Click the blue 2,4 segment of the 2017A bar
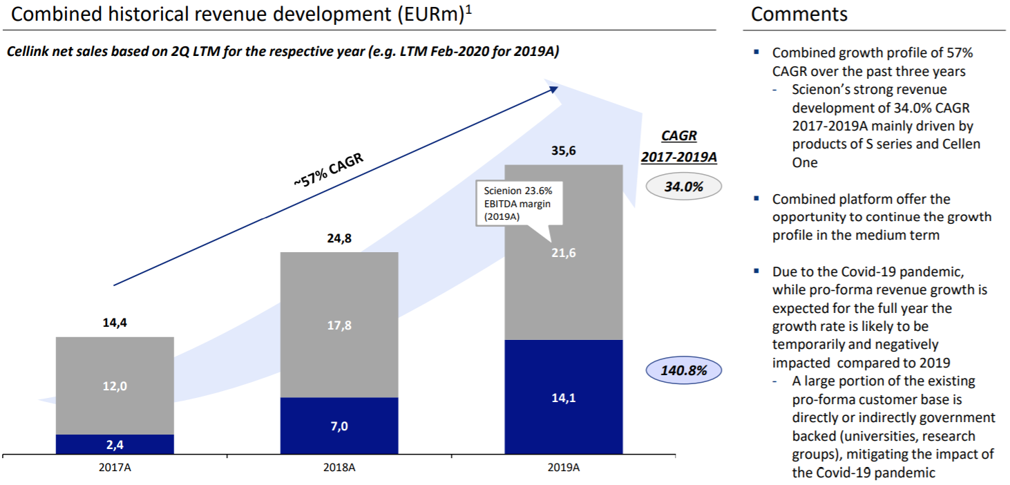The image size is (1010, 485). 115,444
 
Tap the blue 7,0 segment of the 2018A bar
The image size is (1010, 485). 339,426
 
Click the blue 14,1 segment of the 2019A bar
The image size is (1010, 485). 564,397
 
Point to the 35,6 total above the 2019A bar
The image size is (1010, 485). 564,151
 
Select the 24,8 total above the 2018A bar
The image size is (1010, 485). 339,240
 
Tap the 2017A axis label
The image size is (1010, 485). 115,468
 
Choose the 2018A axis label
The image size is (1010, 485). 339,468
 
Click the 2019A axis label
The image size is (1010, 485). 564,468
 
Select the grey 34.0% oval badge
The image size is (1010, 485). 684,186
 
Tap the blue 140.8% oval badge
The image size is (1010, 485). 683,370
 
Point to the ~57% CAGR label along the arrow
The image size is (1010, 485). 327,170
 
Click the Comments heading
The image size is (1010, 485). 799,14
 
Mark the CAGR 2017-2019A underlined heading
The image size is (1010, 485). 678,147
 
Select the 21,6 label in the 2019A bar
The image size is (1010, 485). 564,254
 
